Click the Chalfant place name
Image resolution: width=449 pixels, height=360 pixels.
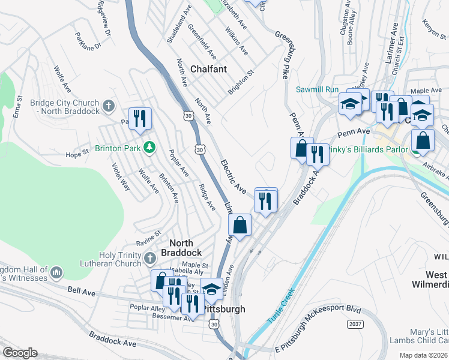click(x=208, y=69)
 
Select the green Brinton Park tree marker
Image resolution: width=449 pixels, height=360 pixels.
click(x=151, y=147)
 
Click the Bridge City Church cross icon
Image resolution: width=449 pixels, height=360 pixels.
click(x=109, y=106)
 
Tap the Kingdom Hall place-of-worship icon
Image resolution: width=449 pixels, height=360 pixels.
click(x=56, y=272)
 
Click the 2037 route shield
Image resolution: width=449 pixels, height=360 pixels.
click(x=355, y=323)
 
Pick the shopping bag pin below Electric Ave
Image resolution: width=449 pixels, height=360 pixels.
click(x=240, y=226)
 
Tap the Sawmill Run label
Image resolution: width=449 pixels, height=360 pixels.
click(x=318, y=89)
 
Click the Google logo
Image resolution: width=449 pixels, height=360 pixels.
click(x=20, y=353)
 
